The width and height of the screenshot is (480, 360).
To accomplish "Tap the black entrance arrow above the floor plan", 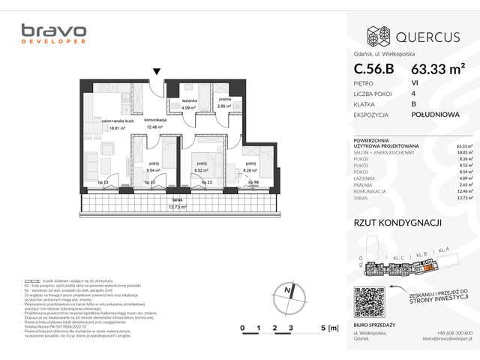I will [x=156, y=72].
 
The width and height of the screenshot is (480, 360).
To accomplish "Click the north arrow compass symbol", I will [x=286, y=293].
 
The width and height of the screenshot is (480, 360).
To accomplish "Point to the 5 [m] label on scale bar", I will [x=328, y=328].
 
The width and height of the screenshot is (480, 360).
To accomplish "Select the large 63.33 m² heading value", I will [x=438, y=68].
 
